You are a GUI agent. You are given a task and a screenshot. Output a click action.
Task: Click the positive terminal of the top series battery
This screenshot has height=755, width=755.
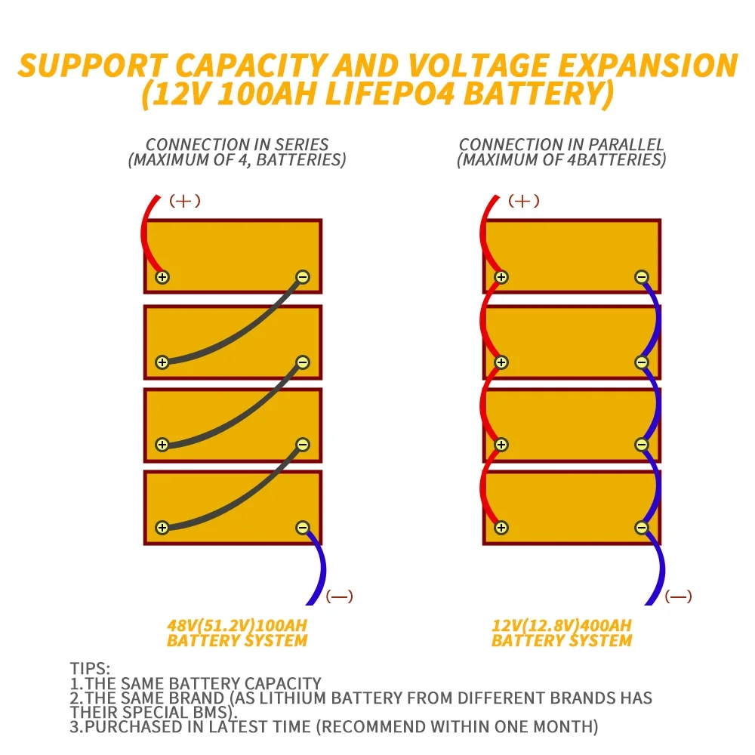click(x=162, y=277)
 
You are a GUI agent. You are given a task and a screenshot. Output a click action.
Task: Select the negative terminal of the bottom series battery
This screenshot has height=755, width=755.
click(x=302, y=528)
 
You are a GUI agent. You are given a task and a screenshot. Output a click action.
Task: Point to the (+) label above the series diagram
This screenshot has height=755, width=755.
click(x=184, y=201)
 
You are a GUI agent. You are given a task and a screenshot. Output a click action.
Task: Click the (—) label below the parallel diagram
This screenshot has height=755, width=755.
click(x=678, y=596)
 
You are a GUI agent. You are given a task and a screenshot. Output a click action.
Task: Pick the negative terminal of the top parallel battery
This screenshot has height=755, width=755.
click(x=641, y=277)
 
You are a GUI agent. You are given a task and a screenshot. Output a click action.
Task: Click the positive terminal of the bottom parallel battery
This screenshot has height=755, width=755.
click(x=501, y=528)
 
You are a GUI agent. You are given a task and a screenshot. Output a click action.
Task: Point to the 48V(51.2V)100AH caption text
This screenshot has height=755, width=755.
click(x=237, y=626)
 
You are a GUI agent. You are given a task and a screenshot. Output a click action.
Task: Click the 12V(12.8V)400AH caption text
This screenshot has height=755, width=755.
click(x=562, y=626)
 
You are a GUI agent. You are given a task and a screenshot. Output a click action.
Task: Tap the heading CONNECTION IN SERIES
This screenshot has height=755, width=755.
click(x=237, y=144)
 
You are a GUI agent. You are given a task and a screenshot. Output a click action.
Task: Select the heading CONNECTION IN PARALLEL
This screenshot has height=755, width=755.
click(x=562, y=144)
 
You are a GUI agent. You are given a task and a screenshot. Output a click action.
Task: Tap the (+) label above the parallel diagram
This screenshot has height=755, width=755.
click(x=523, y=201)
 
